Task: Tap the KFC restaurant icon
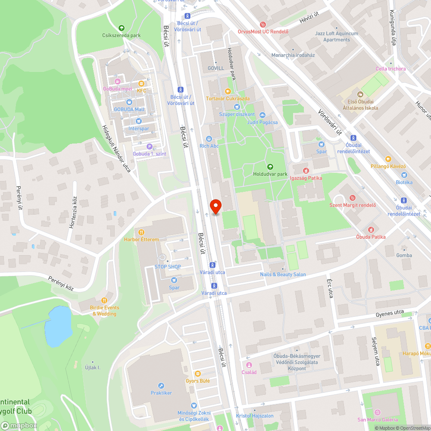tap(141, 83)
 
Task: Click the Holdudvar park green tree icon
tap(270, 167)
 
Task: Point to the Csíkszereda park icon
tap(121, 28)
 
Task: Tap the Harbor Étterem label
tap(141, 240)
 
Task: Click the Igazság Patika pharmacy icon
tap(306, 171)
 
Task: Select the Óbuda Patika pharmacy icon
tap(371, 230)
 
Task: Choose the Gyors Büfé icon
tap(197, 374)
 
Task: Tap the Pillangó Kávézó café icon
tap(388, 159)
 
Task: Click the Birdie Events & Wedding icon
tap(104, 300)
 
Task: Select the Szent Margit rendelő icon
tap(353, 198)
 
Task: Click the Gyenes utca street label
tap(390, 313)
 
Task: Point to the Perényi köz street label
tap(61, 284)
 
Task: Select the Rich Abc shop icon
tap(209, 139)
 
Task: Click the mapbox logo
tap(19, 425)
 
